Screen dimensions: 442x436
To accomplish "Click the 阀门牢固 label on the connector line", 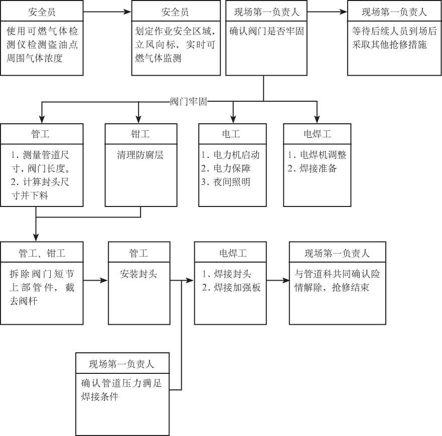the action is [x=188, y=101].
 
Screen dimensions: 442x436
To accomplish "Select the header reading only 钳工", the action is [x=140, y=134].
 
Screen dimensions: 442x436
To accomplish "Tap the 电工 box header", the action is [x=231, y=134].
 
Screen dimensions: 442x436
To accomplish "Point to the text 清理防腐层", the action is [x=140, y=155].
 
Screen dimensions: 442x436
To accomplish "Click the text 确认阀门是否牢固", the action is [x=266, y=31].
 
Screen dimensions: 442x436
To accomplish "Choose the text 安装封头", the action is [x=138, y=274].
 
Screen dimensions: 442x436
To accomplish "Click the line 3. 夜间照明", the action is [x=226, y=182].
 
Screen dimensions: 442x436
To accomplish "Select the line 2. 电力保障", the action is [x=226, y=168].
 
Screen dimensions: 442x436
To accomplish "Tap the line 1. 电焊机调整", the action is [x=317, y=155].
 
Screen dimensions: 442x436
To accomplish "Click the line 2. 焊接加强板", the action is [x=231, y=287].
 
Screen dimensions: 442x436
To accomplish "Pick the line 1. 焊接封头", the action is [x=227, y=274].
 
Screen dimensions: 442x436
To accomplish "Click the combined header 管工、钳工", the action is [x=42, y=253].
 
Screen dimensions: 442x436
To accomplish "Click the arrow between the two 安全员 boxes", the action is [x=107, y=12].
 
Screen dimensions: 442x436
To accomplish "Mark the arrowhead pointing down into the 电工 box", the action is [x=233, y=119].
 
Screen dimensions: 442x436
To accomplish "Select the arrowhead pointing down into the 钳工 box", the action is [x=138, y=119].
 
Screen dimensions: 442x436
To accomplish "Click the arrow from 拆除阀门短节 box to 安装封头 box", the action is [x=95, y=280].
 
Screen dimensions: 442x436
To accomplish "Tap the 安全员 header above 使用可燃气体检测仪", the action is [x=42, y=12].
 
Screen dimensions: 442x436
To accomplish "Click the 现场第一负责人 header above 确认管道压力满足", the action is [x=121, y=364].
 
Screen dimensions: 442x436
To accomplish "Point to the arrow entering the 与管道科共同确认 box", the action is [x=278, y=280].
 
